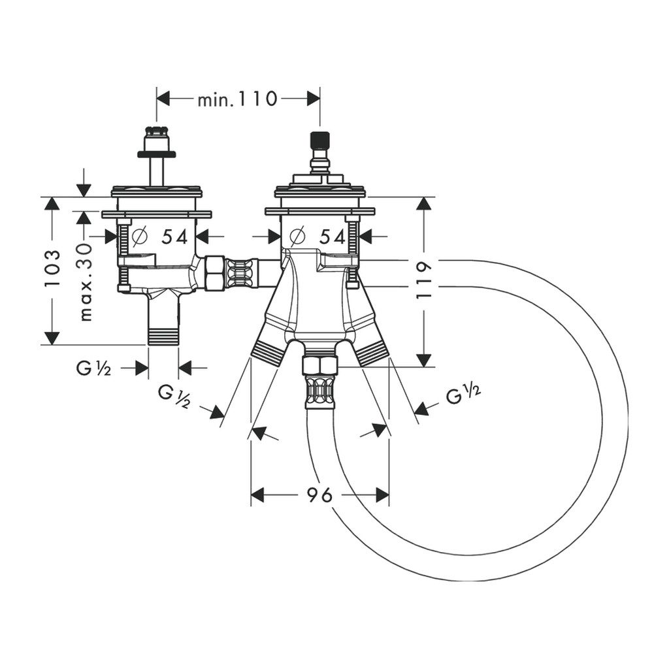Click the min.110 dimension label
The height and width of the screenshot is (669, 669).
pyautogui.click(x=237, y=99)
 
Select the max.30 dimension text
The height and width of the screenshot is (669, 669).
pyautogui.click(x=86, y=282)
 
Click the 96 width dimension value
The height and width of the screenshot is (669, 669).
pyautogui.click(x=319, y=495)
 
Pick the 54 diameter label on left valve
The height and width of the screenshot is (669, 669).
pyautogui.click(x=174, y=237)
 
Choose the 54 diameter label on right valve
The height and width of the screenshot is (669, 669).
pyautogui.click(x=333, y=237)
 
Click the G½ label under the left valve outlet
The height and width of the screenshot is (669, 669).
pyautogui.click(x=93, y=368)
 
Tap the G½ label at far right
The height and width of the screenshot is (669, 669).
pyautogui.click(x=464, y=395)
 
